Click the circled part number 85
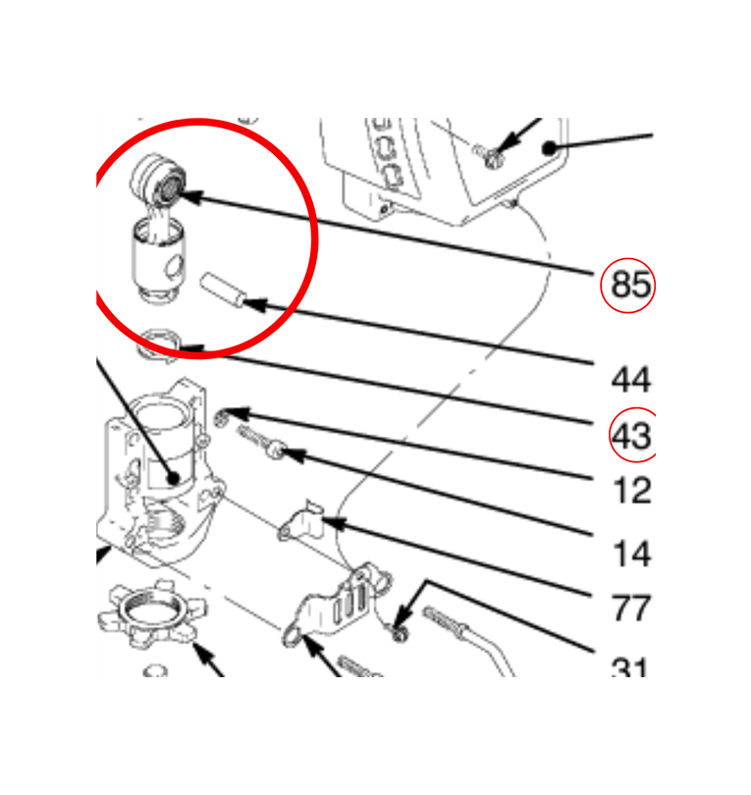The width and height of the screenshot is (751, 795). point(631,285)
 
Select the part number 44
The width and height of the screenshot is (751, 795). point(631,379)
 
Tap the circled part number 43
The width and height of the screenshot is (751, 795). point(631,436)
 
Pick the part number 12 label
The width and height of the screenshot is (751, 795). point(632,491)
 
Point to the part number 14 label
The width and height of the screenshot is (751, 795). point(632,554)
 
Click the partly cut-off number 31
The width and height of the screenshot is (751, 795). point(630,666)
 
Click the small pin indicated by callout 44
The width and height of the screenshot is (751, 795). point(223,291)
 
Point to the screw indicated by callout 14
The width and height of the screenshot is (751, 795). point(262,442)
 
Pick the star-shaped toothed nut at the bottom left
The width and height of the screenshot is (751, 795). point(152,613)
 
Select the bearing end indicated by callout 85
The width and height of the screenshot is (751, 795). point(158,179)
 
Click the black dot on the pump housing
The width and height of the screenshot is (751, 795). point(174,478)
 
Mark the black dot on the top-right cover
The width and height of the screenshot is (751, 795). point(549,148)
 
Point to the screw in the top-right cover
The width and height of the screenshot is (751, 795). point(488,156)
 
